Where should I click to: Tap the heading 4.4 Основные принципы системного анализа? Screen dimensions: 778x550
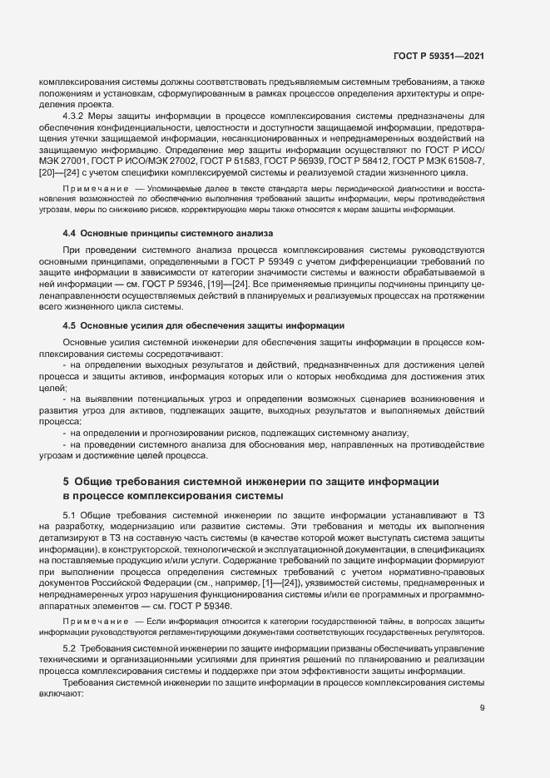click(x=167, y=232)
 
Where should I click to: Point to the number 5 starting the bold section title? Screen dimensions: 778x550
click(x=66, y=481)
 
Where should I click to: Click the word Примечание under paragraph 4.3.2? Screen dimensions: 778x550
click(x=97, y=191)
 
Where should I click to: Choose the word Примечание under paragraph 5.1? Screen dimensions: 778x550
click(x=97, y=621)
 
